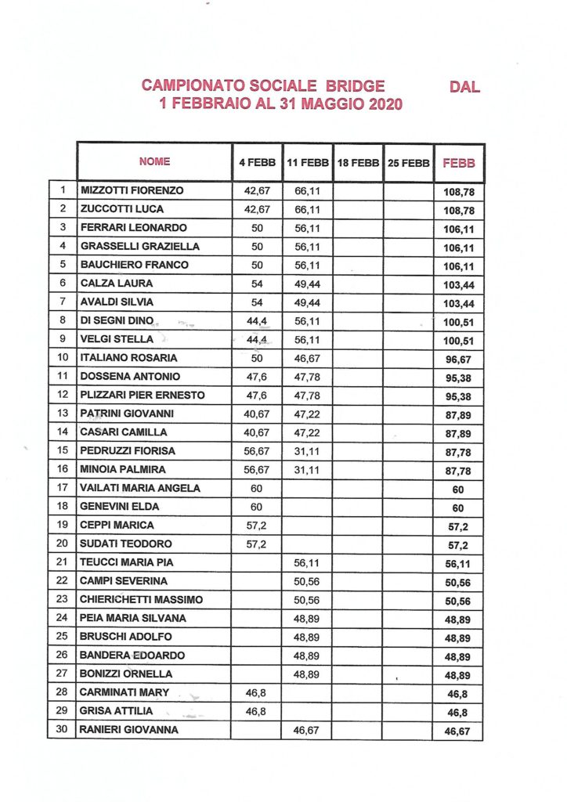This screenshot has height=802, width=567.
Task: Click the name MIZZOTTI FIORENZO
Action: click(132, 191)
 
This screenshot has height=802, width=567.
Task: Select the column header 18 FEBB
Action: click(357, 163)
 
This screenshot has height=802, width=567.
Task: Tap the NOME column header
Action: click(154, 162)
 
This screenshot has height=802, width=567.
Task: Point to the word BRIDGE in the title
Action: click(350, 86)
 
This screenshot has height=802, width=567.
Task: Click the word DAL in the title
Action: click(465, 86)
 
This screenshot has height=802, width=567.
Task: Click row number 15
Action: click(62, 450)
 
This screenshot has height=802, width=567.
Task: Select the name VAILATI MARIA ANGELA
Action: click(140, 488)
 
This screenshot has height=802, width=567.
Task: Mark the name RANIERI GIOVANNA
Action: click(129, 730)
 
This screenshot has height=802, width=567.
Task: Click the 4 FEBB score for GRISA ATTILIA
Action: click(256, 711)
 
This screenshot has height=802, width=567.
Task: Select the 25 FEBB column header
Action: click(408, 163)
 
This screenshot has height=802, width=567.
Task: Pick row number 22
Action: click(62, 581)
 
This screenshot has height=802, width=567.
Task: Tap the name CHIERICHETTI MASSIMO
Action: click(142, 600)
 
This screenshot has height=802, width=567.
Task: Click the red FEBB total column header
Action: click(460, 163)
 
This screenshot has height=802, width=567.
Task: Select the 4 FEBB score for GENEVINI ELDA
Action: click(256, 507)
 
